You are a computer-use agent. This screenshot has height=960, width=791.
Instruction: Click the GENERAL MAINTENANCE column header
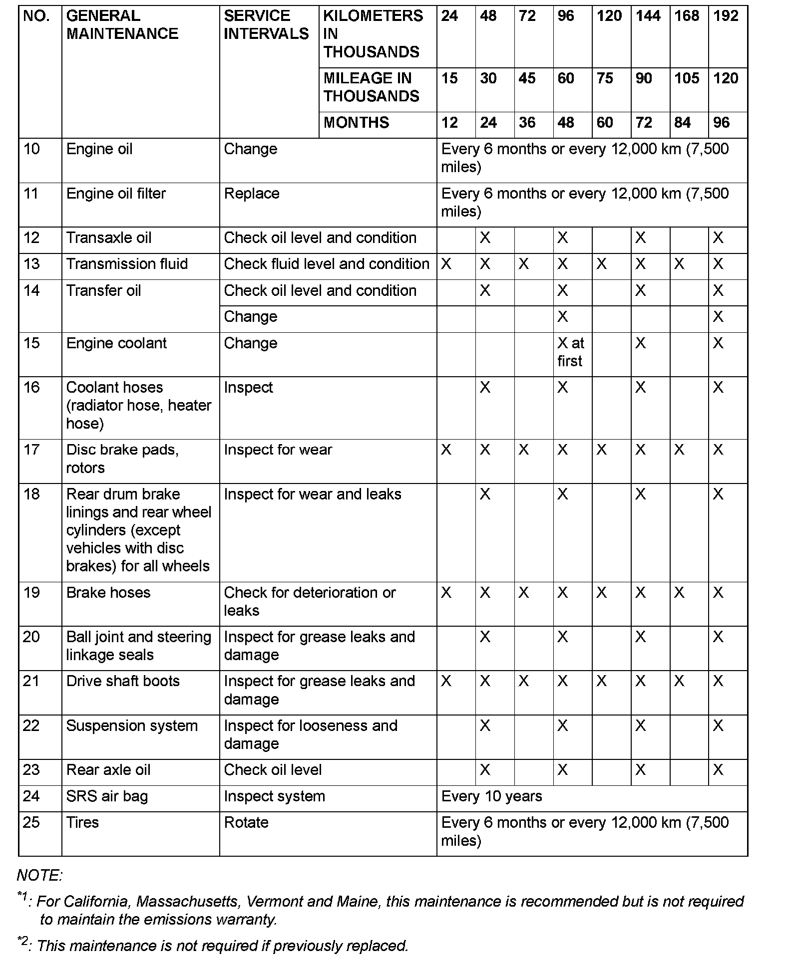[122, 25]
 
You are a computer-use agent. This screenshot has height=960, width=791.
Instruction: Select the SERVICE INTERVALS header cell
[266, 25]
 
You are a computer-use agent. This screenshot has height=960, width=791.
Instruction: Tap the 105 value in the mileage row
[687, 78]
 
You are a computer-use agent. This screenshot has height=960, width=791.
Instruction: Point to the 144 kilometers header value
[648, 16]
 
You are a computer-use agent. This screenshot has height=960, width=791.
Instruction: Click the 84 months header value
[682, 123]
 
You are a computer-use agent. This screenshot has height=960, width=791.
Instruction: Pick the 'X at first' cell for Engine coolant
[571, 352]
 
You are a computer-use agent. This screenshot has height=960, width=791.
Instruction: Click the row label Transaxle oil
[109, 238]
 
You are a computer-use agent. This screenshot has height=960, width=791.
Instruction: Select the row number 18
[31, 494]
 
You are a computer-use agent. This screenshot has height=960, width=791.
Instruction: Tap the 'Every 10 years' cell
[491, 796]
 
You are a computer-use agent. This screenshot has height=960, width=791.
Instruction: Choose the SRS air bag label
[107, 796]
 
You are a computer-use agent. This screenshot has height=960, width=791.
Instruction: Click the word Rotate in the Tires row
[246, 823]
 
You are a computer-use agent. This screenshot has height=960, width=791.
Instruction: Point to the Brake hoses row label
[108, 593]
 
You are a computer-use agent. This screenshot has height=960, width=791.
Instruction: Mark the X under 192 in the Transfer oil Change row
[718, 317]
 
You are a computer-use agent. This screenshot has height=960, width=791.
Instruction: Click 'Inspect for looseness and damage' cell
[311, 734]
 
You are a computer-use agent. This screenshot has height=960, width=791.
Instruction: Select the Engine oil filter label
[116, 194]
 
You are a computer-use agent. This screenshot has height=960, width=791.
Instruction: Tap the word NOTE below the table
[39, 876]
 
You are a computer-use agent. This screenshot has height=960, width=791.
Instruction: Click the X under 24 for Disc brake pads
[446, 450]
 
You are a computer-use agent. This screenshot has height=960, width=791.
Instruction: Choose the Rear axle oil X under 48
[485, 770]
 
